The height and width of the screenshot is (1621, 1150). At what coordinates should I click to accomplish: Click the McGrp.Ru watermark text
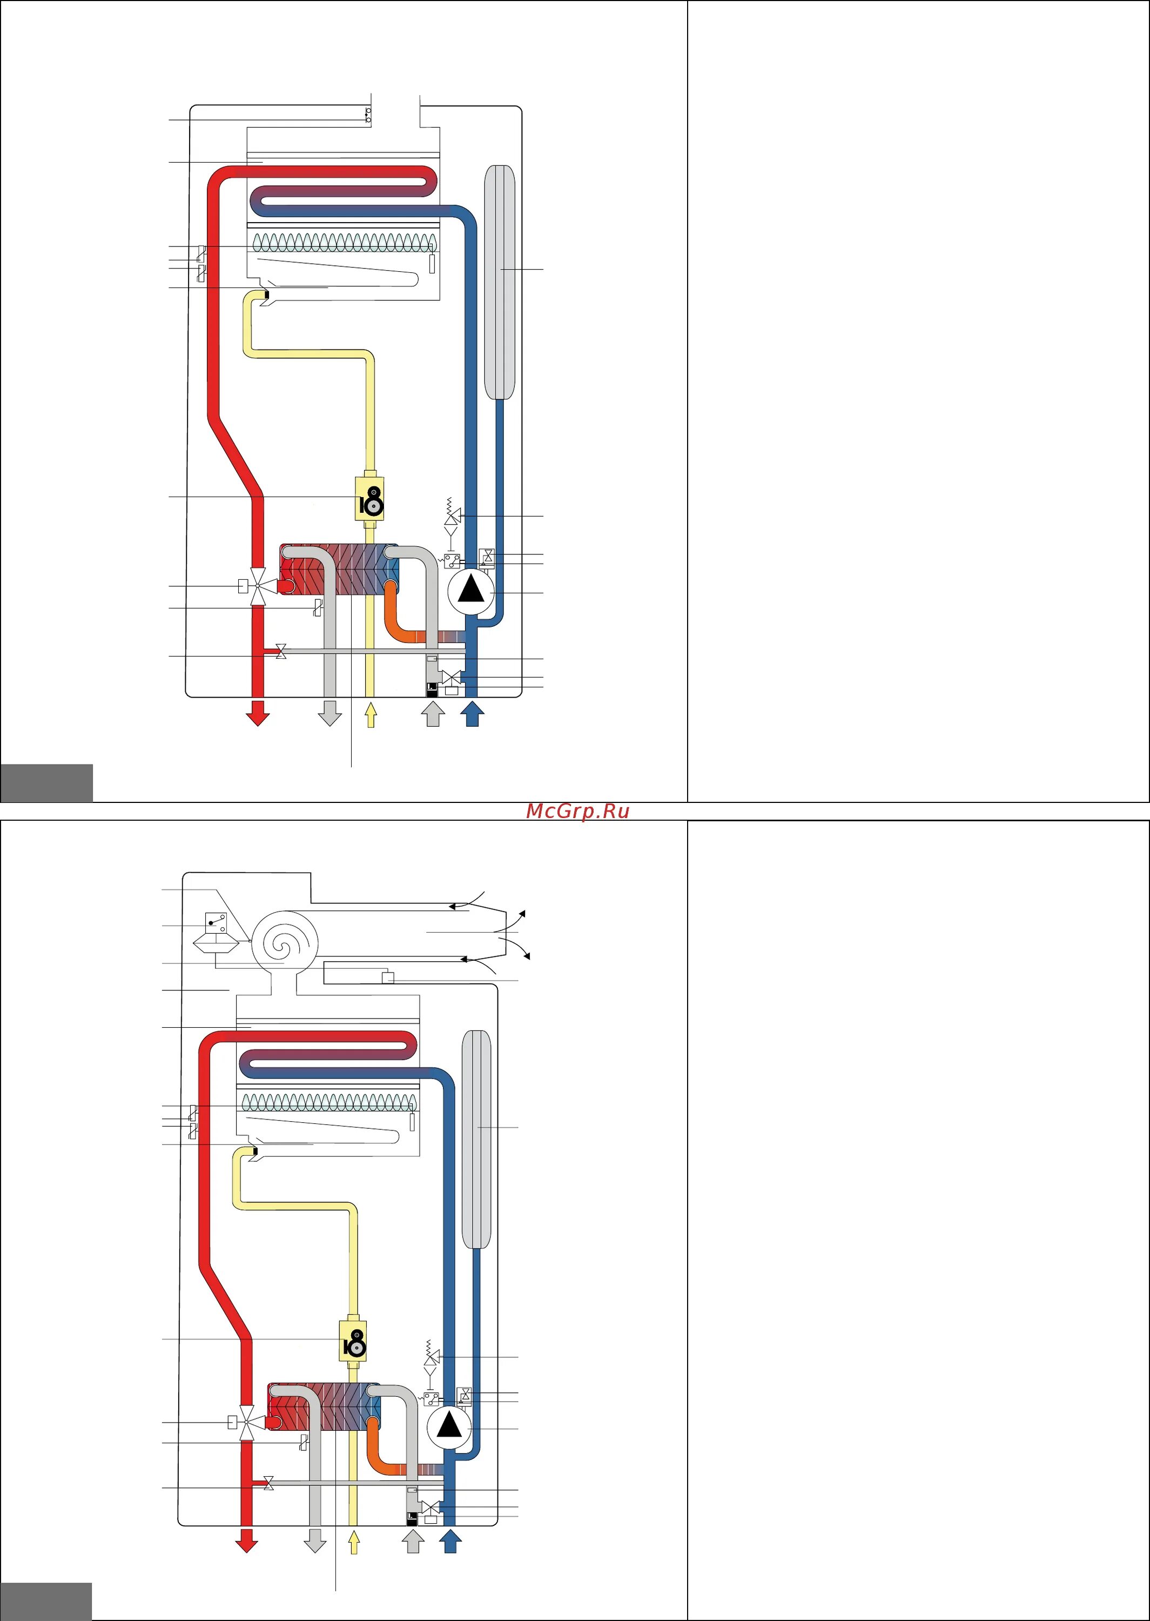click(577, 812)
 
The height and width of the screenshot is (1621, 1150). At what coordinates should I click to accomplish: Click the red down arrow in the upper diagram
click(258, 713)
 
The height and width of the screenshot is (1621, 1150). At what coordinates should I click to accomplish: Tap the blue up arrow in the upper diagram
click(472, 713)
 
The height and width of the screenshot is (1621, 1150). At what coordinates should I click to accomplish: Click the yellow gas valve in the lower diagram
click(353, 1342)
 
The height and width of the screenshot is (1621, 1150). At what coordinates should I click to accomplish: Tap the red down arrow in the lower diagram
click(246, 1539)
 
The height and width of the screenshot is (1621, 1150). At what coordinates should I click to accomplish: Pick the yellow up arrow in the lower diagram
click(353, 1540)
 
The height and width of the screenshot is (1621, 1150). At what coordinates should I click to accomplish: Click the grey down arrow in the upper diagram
click(329, 713)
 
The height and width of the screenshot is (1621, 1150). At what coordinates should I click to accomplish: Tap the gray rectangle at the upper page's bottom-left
click(46, 782)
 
